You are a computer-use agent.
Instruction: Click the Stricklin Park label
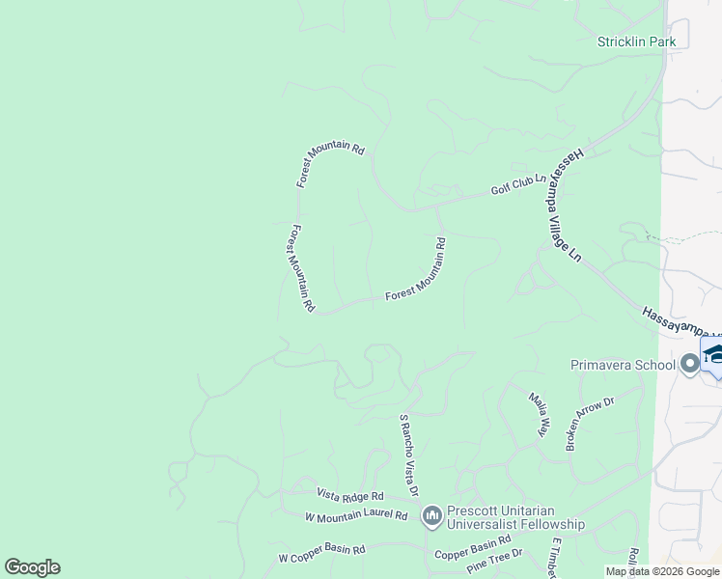(636, 41)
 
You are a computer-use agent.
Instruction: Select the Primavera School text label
(624, 365)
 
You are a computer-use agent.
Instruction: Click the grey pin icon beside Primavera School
(689, 364)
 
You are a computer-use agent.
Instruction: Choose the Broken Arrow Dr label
(590, 423)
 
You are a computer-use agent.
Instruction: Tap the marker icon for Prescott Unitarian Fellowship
(431, 517)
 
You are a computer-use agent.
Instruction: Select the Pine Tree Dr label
(493, 560)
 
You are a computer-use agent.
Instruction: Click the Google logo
(32, 567)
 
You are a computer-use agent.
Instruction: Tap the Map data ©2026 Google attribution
(663, 571)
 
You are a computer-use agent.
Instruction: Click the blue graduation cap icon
(714, 354)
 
